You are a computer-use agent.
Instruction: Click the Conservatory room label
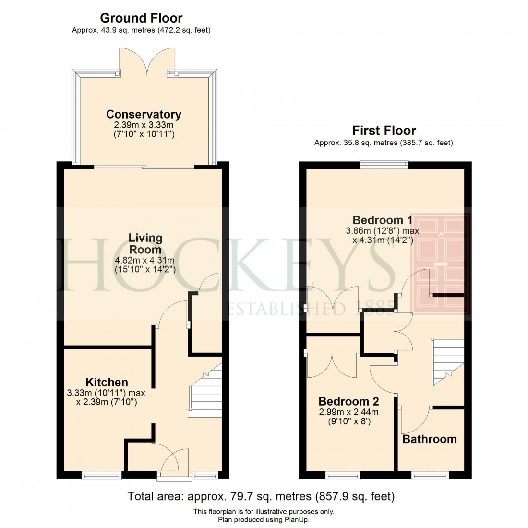(144, 114)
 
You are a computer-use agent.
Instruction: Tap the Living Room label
(145, 243)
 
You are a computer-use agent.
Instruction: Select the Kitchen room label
(107, 382)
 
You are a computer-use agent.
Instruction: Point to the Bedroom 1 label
(382, 220)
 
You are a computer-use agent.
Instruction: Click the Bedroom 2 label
(348, 401)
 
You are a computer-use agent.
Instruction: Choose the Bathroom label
(430, 439)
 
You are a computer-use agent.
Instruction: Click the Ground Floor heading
(141, 18)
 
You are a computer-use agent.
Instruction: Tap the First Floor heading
(384, 130)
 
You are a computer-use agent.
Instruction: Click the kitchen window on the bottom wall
(101, 476)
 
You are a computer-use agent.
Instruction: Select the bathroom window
(431, 476)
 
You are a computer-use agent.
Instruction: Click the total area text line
(261, 496)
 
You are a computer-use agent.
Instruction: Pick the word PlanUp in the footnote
(298, 519)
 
